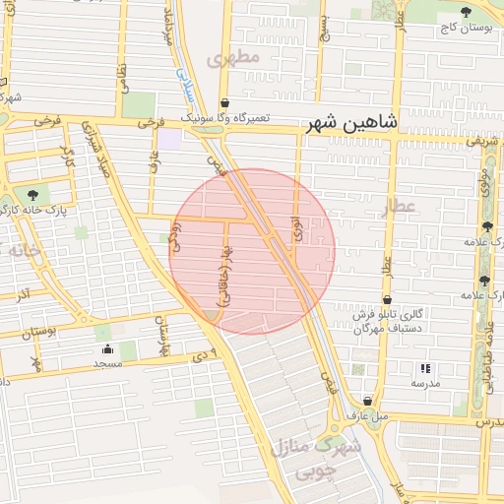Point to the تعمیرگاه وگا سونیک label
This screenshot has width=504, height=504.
tap(224, 117)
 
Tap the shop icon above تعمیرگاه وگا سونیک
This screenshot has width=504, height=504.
tap(224, 102)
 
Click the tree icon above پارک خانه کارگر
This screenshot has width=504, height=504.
tap(36, 195)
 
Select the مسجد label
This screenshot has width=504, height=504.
tap(107, 364)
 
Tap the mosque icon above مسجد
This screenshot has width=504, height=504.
tap(107, 350)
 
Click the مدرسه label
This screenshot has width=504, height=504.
tap(425, 382)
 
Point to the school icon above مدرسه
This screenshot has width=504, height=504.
tap(425, 368)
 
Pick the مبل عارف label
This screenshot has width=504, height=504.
tap(368, 415)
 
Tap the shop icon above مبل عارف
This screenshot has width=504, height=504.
tap(368, 402)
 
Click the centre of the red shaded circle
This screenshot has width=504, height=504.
tap(252, 251)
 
